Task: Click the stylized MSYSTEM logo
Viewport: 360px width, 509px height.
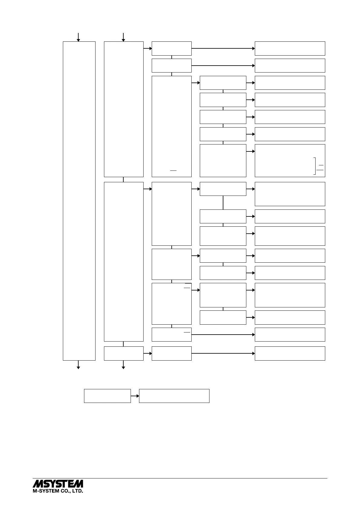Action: (58, 483)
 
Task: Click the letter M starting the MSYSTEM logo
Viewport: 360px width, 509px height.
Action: (38, 483)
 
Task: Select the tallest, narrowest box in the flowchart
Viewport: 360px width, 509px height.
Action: (79, 201)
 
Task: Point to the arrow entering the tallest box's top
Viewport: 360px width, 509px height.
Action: (78, 37)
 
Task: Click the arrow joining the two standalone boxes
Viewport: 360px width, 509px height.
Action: (135, 396)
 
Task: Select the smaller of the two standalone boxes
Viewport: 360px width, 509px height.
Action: (107, 396)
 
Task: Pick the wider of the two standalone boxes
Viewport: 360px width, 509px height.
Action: (174, 396)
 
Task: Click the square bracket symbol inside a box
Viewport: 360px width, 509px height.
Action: (315, 166)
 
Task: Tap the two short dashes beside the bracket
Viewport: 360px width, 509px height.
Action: (321, 167)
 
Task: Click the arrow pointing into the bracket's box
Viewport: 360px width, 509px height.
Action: (251, 151)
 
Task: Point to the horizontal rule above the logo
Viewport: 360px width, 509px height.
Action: (180, 478)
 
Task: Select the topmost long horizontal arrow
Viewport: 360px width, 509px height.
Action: (223, 48)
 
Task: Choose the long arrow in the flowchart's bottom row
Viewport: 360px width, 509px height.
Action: (223, 353)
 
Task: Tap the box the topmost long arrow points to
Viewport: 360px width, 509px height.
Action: (290, 48)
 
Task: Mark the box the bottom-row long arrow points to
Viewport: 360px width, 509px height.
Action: (290, 353)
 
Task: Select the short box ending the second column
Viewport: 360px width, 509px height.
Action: (124, 353)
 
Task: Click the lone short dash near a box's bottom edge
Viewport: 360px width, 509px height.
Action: (173, 171)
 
